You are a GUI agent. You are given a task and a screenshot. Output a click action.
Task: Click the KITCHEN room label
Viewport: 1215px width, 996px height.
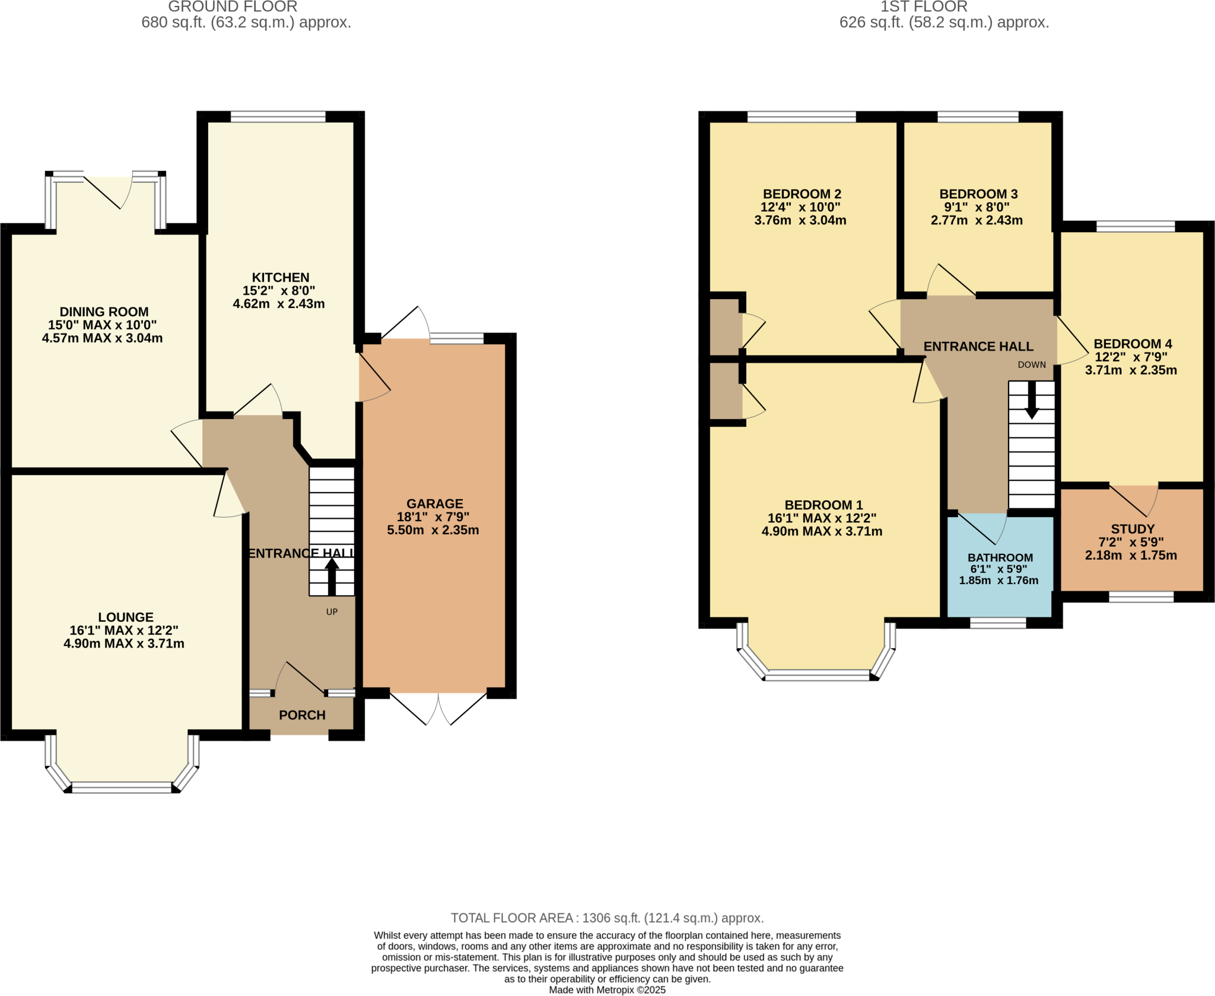pos(280,277)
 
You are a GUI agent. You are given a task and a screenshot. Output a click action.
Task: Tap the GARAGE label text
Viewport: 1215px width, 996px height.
pos(434,503)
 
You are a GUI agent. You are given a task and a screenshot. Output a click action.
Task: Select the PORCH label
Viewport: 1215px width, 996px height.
pos(302,715)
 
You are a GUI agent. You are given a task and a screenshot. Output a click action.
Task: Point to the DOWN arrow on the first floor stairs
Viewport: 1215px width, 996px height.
pos(1032,400)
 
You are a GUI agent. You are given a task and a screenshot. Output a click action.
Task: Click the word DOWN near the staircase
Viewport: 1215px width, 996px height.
pos(1032,364)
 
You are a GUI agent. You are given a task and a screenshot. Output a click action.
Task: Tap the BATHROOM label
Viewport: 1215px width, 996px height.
pos(1000,557)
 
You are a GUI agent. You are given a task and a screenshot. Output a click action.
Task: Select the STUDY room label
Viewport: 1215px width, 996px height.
pos(1133,528)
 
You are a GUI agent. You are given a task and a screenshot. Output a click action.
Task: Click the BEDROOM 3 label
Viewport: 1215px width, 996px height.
pos(978,194)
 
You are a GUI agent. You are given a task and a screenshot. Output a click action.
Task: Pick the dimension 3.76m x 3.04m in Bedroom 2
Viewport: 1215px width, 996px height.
pos(800,220)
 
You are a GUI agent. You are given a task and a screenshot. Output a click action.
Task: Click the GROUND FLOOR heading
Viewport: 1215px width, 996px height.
pos(233,7)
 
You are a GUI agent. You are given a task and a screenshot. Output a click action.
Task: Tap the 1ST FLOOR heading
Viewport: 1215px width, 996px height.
pos(924,7)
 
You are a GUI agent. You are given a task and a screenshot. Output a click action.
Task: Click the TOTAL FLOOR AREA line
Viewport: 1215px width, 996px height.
pos(607,918)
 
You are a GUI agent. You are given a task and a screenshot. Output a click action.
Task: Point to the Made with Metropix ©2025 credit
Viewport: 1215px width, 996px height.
pos(607,990)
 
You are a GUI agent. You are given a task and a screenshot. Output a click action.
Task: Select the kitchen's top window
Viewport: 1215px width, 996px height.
pos(278,117)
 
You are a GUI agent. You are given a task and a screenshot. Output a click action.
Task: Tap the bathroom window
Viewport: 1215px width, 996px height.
pos(998,623)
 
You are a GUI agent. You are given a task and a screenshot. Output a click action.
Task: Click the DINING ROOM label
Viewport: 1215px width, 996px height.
pos(104,312)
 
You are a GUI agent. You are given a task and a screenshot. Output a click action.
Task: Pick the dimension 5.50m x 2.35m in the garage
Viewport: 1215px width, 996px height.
pos(433,530)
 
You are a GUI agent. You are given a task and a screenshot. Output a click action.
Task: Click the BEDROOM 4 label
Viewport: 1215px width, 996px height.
pos(1133,344)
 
